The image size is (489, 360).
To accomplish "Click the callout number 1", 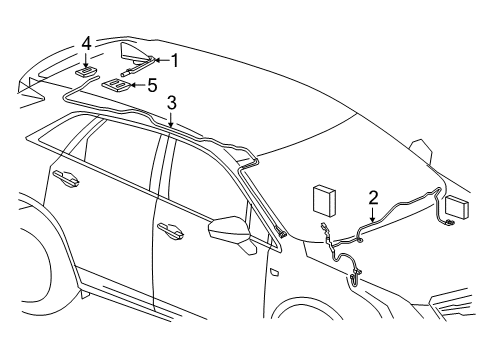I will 174,61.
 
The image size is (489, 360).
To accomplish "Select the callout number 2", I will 372,198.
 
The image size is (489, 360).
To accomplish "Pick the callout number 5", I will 152,86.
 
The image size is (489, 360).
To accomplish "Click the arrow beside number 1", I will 158,62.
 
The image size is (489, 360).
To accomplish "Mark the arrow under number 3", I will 171,121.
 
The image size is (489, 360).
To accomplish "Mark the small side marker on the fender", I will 274,271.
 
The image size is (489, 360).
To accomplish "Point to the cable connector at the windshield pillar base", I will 282,234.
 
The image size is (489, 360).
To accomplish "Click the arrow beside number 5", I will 137,86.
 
